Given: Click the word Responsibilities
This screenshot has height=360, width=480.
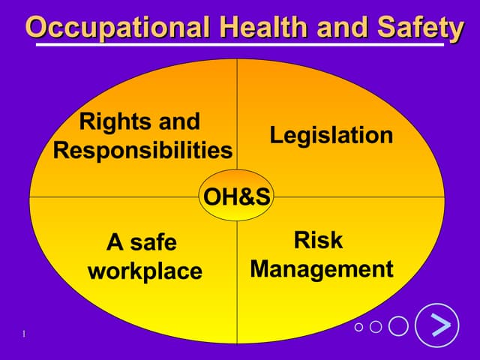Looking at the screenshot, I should coord(142,150).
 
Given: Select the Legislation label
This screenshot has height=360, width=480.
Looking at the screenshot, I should coord(331,135).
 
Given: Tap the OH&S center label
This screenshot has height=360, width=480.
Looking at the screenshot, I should coord(238,196).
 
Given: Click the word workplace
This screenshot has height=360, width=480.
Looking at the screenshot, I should coord(145,270).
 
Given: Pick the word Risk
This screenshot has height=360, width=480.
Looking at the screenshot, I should coord(318,240).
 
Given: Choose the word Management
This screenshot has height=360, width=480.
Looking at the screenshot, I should coord(322,268).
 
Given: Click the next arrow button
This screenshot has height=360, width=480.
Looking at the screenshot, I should coord(436,325).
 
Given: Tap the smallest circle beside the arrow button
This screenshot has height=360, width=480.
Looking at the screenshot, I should coord(358,326).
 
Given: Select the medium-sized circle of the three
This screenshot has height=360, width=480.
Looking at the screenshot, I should coord(376,326).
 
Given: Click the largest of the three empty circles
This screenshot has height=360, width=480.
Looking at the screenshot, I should coord(398,325).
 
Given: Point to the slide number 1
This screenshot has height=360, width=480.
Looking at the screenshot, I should coord(24,333).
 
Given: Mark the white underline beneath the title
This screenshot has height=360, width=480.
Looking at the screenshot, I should coord(240,46).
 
